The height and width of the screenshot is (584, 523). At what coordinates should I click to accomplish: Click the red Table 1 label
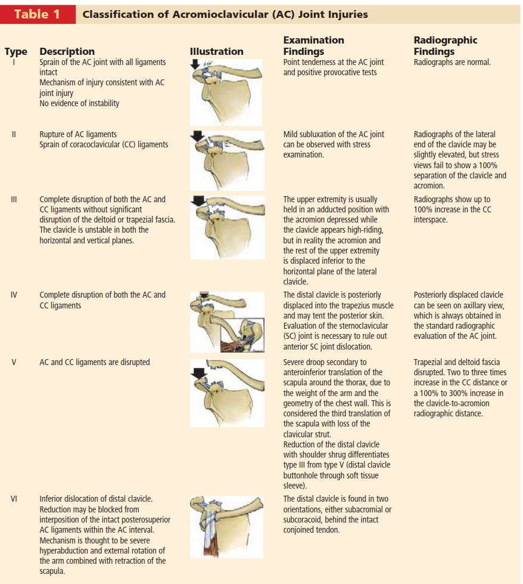point(37,14)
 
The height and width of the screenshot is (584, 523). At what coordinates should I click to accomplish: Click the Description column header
point(67,51)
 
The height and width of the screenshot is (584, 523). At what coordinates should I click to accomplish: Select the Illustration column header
point(216,51)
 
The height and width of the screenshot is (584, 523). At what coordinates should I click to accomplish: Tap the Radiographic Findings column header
point(445,45)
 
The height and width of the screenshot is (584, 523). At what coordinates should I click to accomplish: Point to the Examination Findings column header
point(313,45)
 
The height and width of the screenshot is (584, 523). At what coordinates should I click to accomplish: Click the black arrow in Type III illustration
point(198,201)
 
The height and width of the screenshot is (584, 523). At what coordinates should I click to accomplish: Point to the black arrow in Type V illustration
point(198,373)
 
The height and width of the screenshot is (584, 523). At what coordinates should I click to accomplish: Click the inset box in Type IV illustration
point(245,333)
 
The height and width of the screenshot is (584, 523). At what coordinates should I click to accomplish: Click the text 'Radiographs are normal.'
point(452,62)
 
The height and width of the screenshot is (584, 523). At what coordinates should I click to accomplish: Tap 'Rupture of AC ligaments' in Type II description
point(78,134)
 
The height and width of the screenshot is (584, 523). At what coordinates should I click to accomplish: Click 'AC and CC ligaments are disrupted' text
point(95,362)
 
